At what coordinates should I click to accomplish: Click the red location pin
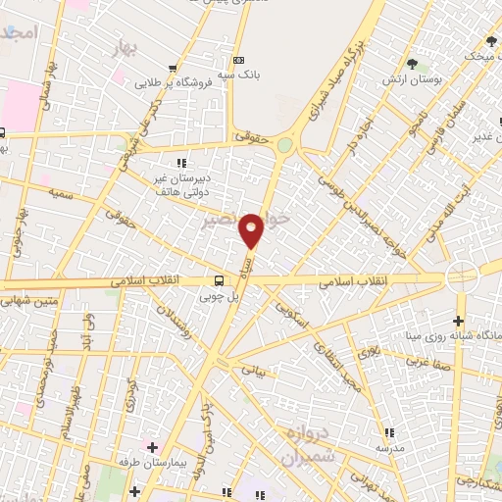point(252,229)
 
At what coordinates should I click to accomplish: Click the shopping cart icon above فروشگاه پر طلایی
point(174,69)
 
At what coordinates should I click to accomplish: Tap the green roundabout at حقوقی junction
point(284,145)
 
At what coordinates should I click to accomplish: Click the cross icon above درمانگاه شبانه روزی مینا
point(458,321)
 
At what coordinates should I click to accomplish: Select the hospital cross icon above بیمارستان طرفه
point(150,445)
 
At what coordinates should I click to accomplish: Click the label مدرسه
point(389,447)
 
